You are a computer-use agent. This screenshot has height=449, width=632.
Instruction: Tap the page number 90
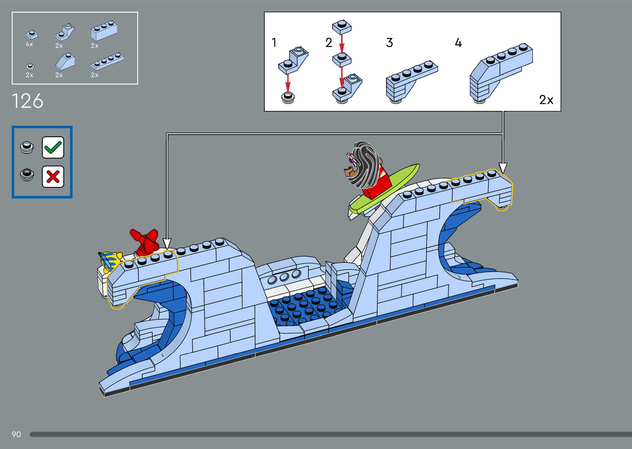point(16,434)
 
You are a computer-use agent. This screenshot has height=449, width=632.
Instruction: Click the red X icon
point(53,177)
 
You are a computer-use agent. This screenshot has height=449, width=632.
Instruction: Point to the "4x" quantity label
point(29,44)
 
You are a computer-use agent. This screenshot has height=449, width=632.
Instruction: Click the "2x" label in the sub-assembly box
point(546,100)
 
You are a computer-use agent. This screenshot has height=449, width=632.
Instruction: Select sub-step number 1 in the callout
point(274,43)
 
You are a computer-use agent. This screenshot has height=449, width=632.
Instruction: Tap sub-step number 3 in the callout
point(389,43)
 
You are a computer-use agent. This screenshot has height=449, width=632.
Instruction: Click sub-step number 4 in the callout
point(458,43)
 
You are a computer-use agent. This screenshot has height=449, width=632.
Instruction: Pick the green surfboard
point(385,191)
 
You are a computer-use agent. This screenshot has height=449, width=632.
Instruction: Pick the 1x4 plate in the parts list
point(107,61)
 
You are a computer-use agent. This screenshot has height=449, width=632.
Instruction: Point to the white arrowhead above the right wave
point(503,167)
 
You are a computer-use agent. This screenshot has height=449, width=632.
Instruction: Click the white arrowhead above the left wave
point(167,243)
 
